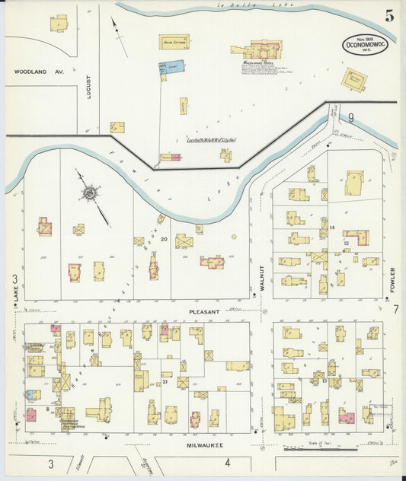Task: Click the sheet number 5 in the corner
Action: (390, 16)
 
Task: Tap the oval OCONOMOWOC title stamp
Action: (363, 43)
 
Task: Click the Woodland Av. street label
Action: (37, 72)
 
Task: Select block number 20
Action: (165, 239)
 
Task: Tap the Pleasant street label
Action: (205, 311)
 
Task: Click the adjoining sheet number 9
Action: (351, 117)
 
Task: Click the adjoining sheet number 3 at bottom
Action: (51, 463)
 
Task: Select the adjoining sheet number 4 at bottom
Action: (227, 463)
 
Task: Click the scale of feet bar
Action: (335, 459)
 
